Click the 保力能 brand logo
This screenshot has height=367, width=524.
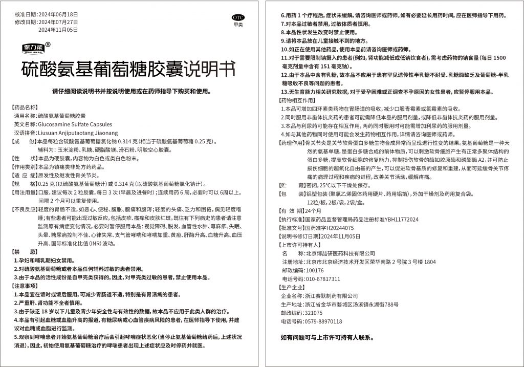34,48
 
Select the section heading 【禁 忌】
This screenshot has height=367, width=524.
25,252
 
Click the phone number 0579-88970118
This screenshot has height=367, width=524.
324,321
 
